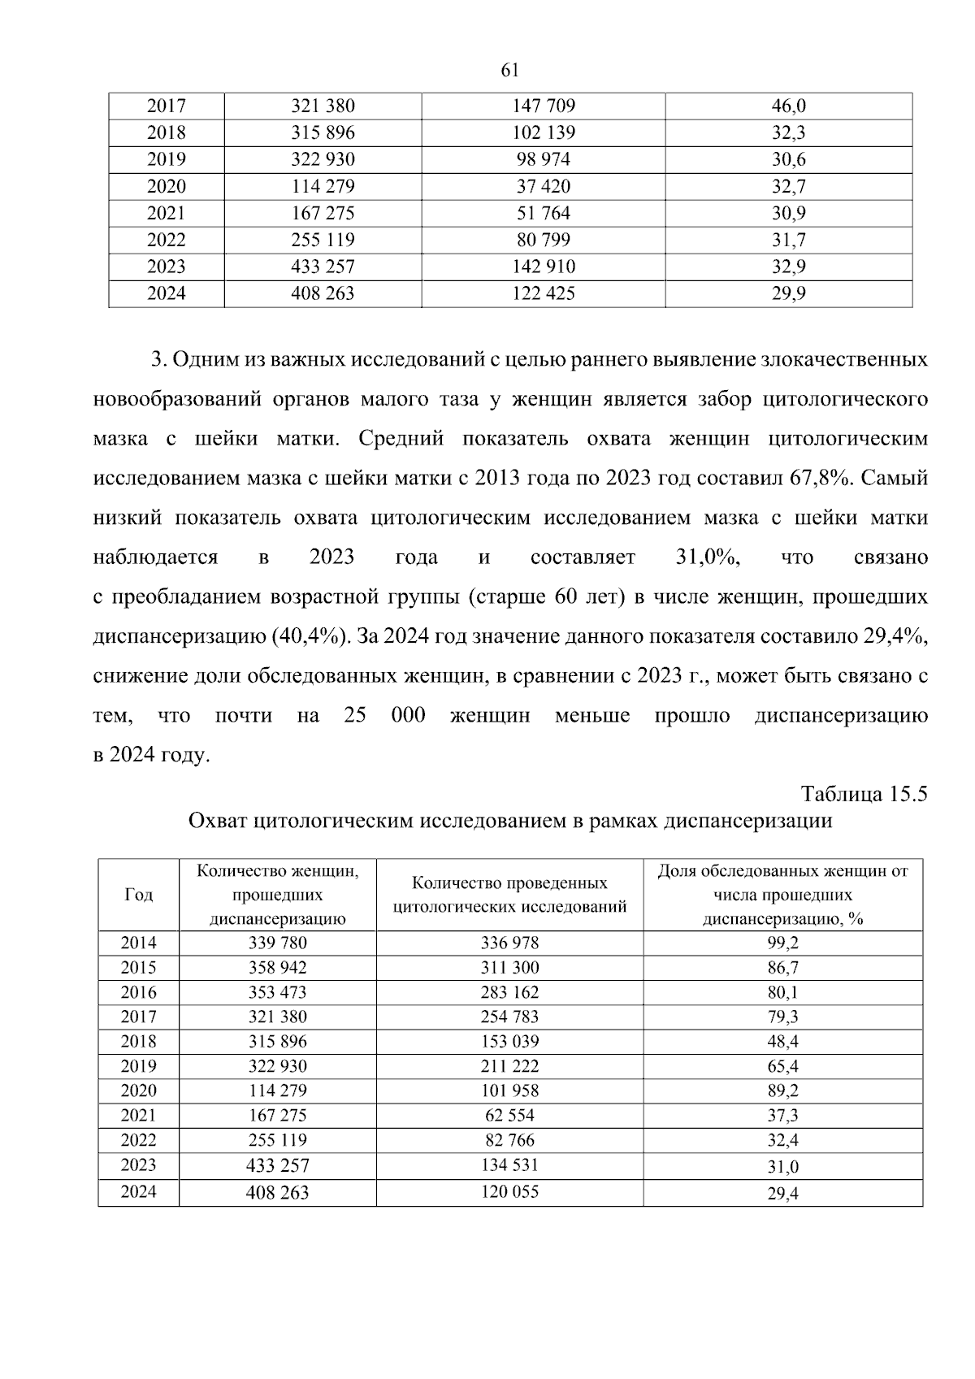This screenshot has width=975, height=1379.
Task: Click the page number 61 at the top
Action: (510, 71)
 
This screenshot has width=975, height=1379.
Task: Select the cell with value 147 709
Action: (544, 106)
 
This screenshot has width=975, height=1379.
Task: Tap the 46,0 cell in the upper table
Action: (788, 106)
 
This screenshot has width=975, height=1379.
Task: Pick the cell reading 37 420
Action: (544, 186)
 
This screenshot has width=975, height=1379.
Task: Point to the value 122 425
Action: (544, 293)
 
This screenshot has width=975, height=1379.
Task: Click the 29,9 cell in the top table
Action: (788, 293)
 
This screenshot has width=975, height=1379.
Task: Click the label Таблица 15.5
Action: (864, 794)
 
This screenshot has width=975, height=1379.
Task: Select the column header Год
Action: (138, 895)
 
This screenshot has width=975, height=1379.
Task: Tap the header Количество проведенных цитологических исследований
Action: (509, 895)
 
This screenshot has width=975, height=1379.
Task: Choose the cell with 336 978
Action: (509, 943)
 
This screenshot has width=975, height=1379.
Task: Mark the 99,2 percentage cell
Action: (782, 943)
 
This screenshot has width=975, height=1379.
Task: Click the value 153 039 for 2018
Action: (509, 1041)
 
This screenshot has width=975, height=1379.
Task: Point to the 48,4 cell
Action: (782, 1041)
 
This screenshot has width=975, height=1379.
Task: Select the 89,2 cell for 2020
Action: (782, 1091)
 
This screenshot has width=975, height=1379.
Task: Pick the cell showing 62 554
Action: (509, 1115)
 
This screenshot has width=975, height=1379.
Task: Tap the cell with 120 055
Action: (509, 1191)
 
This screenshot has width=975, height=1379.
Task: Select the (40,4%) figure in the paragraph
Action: (308, 636)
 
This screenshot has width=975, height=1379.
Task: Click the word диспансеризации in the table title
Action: (748, 821)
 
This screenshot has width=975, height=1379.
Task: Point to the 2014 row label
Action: (138, 943)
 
